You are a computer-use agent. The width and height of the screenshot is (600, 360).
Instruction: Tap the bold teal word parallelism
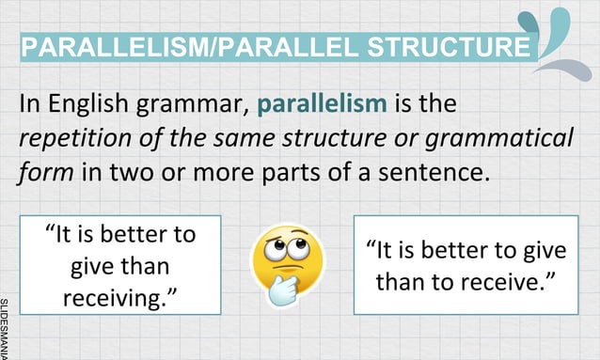point(321,103)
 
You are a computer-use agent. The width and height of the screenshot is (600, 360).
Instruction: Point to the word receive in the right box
point(488,281)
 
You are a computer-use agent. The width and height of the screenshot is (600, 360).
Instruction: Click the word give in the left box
point(92,266)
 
